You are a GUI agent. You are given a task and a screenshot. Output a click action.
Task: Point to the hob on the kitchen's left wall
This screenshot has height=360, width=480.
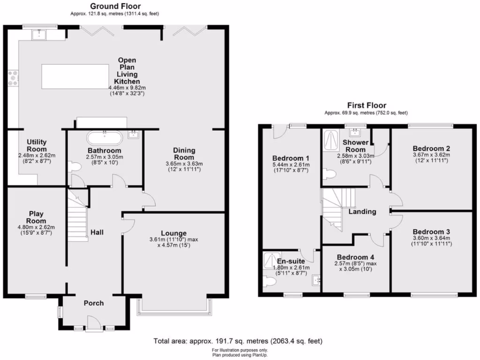13,78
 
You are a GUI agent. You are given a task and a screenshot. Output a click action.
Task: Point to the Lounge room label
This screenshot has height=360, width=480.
173,233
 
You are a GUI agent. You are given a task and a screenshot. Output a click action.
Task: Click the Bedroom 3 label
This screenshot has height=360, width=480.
431,232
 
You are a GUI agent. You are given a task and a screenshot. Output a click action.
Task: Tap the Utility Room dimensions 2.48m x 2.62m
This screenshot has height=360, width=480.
37,156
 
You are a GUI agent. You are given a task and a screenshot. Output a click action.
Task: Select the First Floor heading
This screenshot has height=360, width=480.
366,105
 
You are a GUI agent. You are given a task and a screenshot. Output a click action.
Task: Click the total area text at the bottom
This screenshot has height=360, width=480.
238,341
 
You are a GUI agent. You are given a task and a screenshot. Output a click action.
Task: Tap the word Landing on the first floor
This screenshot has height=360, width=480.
362,211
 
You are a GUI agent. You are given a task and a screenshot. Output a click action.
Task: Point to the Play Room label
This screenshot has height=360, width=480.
36,217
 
